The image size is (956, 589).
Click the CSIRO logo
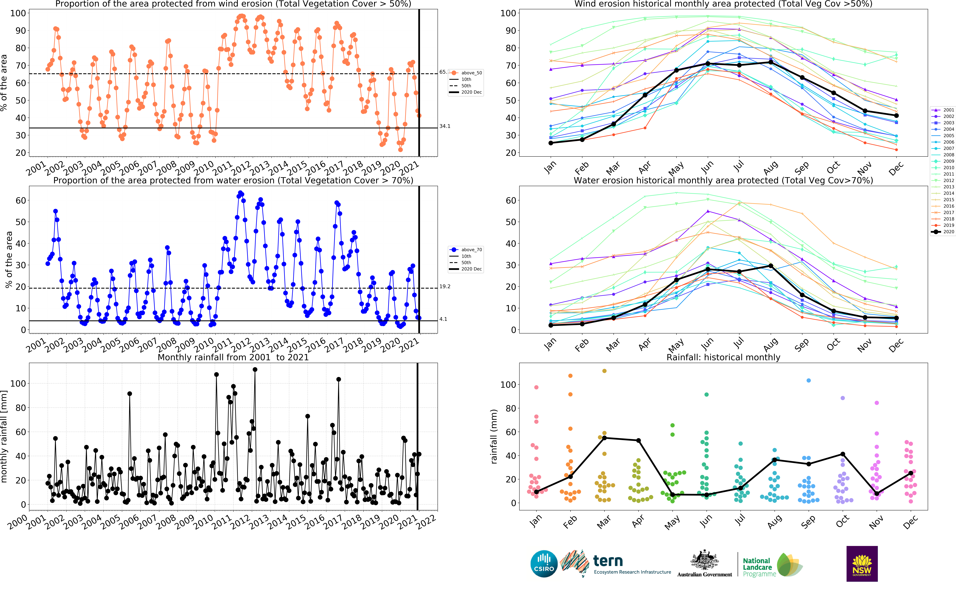click(x=544, y=564)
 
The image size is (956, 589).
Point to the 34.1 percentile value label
click(x=444, y=126)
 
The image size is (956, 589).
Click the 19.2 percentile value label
click(x=444, y=286)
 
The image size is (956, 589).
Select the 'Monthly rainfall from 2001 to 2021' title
click(x=233, y=357)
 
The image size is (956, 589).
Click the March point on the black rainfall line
click(x=604, y=438)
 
